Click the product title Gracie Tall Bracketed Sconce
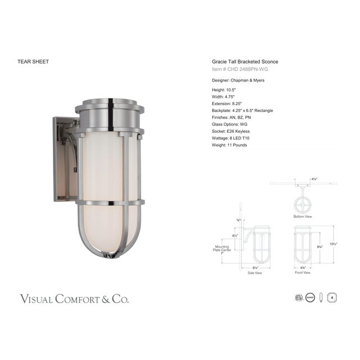click(245, 62)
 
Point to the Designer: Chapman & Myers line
click(238, 80)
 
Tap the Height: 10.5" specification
click(224, 90)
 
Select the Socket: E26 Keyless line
click(231, 131)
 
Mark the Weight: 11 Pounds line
click(229, 145)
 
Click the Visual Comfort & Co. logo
click(75, 298)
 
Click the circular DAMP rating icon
click(309, 298)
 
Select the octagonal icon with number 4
click(333, 298)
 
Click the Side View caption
click(255, 272)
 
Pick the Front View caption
click(303, 272)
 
